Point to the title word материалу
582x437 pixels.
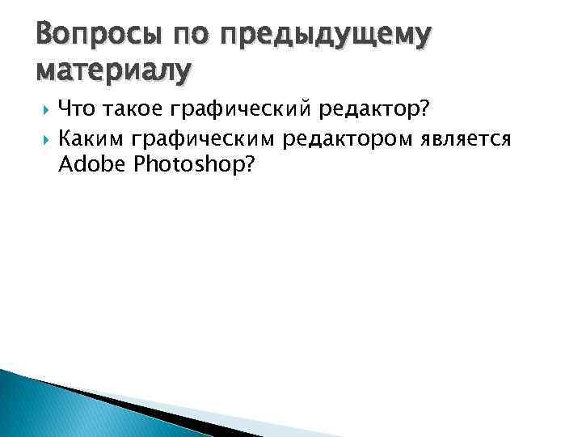(114, 71)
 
